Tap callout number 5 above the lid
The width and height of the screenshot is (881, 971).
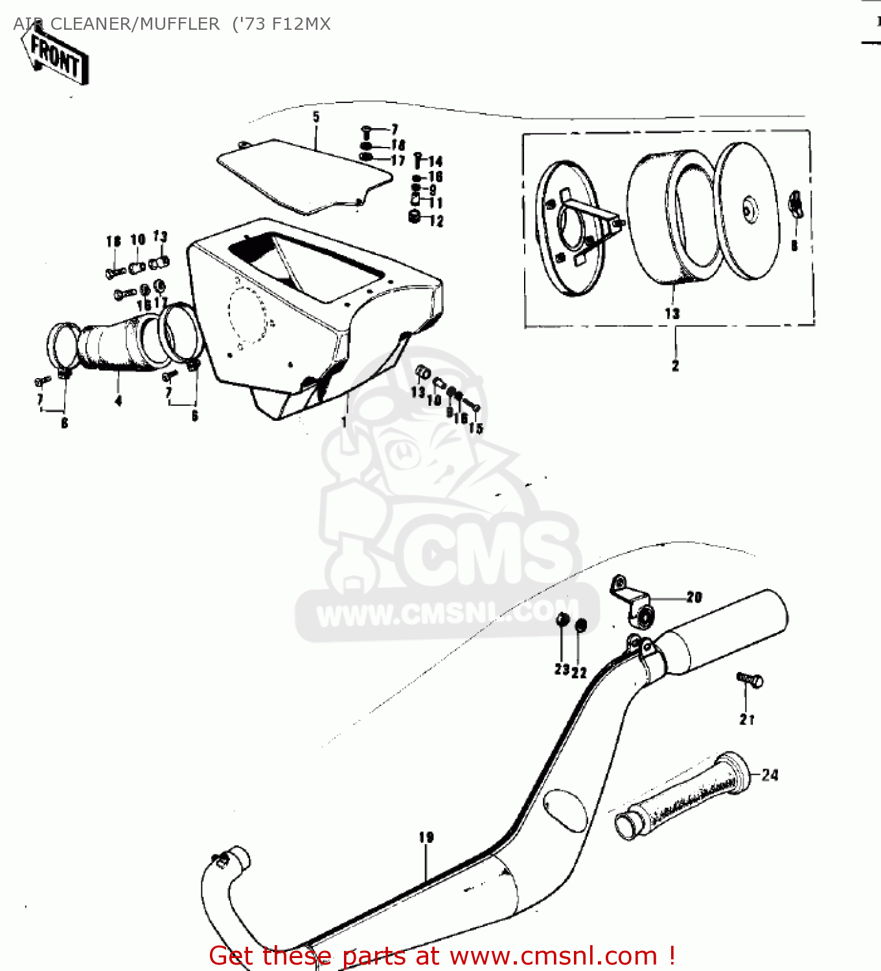[x=316, y=117]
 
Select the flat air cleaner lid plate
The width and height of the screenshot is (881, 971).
[x=304, y=175]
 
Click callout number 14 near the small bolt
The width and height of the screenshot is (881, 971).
[x=435, y=161]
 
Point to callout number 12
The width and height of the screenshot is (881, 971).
[x=437, y=221]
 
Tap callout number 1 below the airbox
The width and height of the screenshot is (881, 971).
[x=344, y=422]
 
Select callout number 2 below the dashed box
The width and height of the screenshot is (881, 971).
[x=675, y=366]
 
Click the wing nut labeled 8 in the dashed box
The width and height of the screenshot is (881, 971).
[x=795, y=206]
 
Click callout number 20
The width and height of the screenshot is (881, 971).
[x=694, y=597]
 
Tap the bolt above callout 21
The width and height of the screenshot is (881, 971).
[x=750, y=680]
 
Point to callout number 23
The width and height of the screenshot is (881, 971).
[x=561, y=670]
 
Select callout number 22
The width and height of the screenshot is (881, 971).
[x=579, y=673]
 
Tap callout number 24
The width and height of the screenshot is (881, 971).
[x=770, y=775]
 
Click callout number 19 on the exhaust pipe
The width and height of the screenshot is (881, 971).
[x=426, y=838]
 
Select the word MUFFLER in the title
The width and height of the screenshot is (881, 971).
[x=179, y=24]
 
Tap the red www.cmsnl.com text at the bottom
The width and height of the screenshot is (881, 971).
[x=554, y=955]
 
